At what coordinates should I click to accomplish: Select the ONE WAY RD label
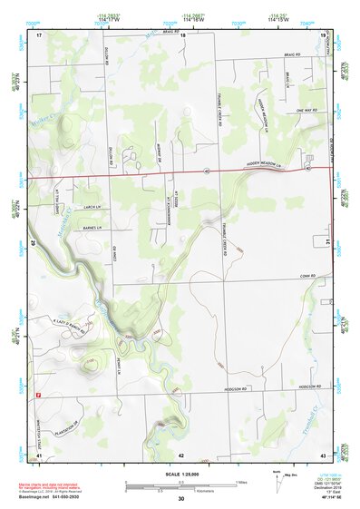pos(304,111)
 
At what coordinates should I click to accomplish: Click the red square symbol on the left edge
pos(39,395)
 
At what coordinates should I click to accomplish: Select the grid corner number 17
pos(39,34)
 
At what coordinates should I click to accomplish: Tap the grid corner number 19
pos(323,34)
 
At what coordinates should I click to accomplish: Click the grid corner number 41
pos(39,453)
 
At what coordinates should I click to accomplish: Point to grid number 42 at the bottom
pos(181,453)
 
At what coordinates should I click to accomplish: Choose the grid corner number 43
pos(323,453)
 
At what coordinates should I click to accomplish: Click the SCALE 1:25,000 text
pos(181,475)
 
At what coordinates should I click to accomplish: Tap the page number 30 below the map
pos(181,499)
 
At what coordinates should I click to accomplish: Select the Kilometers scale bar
pos(180,488)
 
